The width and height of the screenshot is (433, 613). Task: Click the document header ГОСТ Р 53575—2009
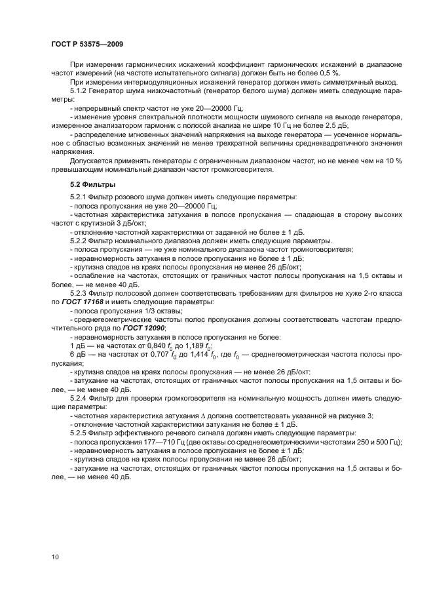pos(86,43)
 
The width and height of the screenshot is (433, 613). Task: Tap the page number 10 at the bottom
pos(55,557)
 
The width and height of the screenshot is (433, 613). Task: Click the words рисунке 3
pos(348,415)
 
